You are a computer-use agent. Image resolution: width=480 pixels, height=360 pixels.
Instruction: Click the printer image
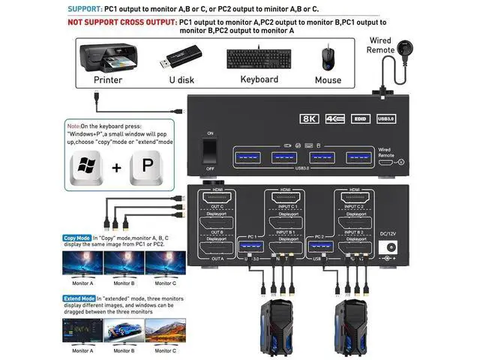108,55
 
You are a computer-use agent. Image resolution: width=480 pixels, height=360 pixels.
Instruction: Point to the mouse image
328,58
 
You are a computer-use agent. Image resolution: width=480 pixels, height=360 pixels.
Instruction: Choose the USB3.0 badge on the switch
385,118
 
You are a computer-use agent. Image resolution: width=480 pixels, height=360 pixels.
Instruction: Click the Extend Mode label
79,298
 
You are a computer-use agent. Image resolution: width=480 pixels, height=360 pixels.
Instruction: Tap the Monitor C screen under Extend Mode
165,330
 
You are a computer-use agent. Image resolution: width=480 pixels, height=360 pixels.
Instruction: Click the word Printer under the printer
107,79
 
